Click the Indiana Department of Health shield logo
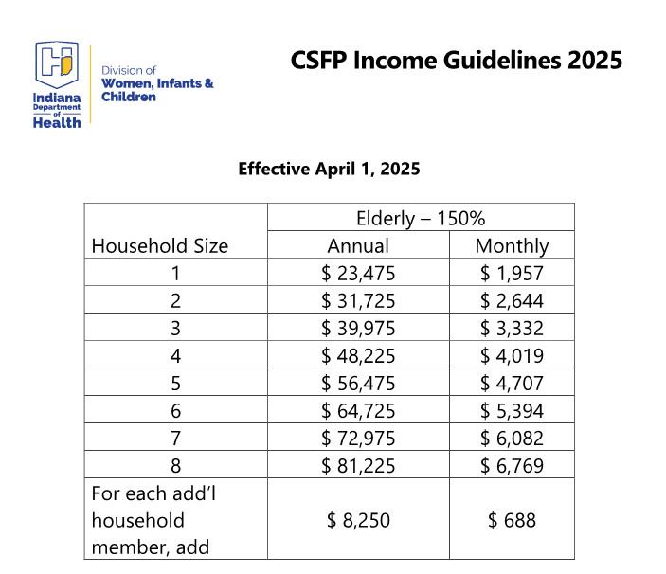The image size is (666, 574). click(x=57, y=65)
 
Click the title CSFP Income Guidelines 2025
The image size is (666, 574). click(x=457, y=61)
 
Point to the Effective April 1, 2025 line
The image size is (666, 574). click(x=329, y=170)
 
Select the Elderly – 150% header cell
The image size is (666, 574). click(x=421, y=218)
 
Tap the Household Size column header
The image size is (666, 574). click(x=160, y=245)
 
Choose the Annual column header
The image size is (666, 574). click(x=358, y=245)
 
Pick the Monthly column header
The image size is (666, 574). click(x=512, y=245)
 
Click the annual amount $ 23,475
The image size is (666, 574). click(x=358, y=274)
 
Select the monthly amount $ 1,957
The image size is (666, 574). click(x=512, y=274)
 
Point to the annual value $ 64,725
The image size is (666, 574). click(x=358, y=410)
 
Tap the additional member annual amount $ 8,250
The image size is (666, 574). click(x=358, y=520)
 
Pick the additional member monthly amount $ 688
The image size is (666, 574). click(x=512, y=520)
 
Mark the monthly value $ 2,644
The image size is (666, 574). click(x=512, y=301)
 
